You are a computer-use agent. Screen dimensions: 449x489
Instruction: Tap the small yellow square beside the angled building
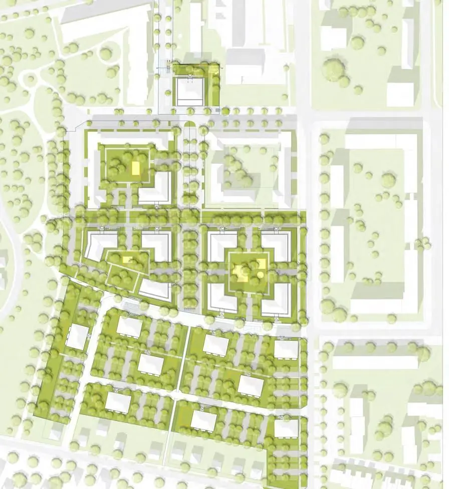click(x=126, y=260)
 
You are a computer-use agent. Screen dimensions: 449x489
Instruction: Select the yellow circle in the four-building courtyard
click(x=261, y=274)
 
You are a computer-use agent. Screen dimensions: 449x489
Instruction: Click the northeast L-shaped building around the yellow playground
click(x=277, y=245)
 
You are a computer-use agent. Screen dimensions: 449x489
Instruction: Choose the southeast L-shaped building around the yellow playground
click(x=277, y=298)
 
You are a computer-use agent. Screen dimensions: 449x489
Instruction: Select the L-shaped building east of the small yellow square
click(x=157, y=245)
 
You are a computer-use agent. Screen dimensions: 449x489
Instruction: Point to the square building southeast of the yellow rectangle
click(x=154, y=188)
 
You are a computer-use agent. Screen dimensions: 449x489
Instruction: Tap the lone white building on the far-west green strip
click(x=78, y=337)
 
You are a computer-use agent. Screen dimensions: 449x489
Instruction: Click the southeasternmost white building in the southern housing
click(x=286, y=429)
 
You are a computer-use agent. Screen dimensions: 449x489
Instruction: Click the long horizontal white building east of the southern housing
click(x=375, y=362)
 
